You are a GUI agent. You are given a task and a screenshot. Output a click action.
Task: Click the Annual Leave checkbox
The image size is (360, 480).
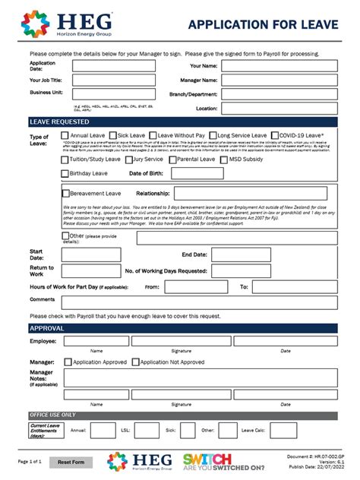coord(65,135)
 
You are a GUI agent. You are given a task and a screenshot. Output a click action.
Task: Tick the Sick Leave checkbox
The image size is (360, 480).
coord(112,135)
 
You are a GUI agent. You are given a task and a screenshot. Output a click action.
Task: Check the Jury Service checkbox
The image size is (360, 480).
coord(128,159)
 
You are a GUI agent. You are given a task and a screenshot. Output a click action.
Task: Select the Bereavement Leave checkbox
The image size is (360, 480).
coord(65,194)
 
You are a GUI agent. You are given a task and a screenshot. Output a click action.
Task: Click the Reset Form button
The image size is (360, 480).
coord(70,462)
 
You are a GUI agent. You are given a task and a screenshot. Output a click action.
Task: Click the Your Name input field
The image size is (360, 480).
coord(279,66)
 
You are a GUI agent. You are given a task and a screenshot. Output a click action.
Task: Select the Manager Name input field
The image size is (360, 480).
coord(279,80)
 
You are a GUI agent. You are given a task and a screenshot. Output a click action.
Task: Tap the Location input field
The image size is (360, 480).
coord(279,109)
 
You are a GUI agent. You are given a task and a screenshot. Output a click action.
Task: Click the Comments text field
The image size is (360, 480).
coord(200,301)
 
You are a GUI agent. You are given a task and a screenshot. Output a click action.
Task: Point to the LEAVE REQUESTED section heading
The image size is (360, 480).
coord(59,122)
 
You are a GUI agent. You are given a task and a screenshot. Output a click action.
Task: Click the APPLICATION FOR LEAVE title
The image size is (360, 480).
coord(263,25)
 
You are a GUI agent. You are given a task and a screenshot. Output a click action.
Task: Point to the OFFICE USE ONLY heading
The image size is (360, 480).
coord(52,415)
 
